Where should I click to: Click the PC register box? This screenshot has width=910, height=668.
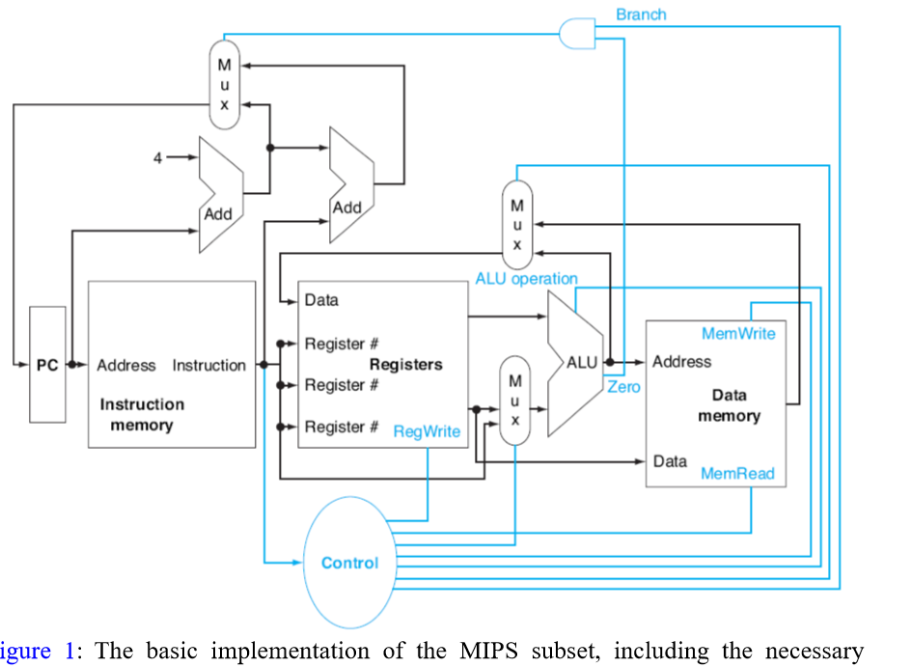pos(47,365)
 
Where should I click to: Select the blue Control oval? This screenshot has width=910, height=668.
pos(349,563)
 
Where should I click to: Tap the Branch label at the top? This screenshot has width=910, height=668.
pos(641,14)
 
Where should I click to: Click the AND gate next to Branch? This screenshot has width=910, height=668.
pos(577,33)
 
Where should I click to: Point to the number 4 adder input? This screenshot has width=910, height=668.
pos(156,158)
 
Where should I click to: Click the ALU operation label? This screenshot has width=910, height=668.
pos(526,279)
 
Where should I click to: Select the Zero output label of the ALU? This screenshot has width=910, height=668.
pos(623,387)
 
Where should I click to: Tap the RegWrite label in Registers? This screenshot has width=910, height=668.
pos(427,431)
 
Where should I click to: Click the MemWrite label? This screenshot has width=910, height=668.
pos(738,334)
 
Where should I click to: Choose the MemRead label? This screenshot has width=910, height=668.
pos(737,474)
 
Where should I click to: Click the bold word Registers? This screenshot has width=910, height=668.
pos(405,364)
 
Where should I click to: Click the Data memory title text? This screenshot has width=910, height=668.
pos(729,405)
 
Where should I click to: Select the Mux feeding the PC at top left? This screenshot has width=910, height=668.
pos(224,85)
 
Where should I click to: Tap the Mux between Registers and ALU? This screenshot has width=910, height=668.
pos(515,400)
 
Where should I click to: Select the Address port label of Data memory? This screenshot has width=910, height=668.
pos(681,362)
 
